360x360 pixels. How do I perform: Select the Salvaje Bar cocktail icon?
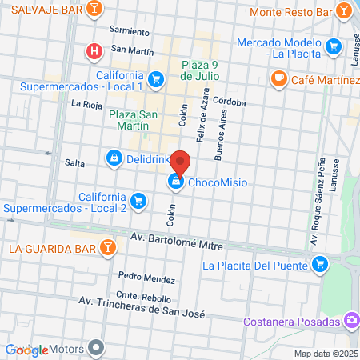(95, 9)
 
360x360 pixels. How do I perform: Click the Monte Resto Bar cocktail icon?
(343, 11)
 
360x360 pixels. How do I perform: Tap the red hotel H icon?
(94, 52)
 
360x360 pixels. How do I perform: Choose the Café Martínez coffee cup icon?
(278, 78)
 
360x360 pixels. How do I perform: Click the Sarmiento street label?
(130, 31)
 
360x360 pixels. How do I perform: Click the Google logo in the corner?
(26, 350)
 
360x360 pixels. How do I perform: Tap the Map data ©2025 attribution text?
(323, 354)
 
